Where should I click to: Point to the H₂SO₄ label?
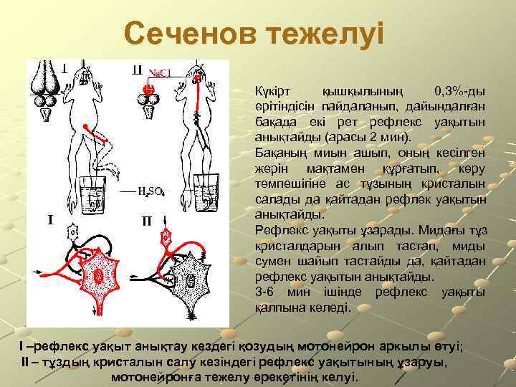coord(153,191)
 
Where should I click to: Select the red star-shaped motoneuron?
coord(98,273)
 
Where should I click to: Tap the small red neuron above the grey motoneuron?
coord(166,234)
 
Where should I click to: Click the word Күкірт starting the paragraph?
coord(273,92)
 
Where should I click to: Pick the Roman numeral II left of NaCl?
coord(137,70)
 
